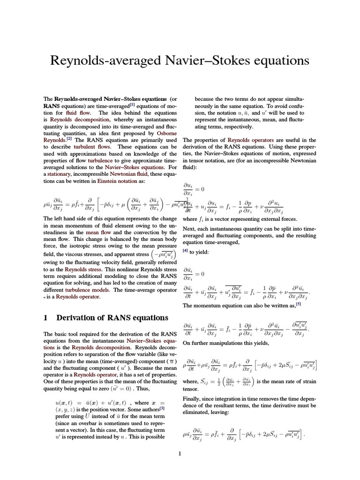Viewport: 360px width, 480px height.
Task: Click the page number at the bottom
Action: pyautogui.click(x=180, y=453)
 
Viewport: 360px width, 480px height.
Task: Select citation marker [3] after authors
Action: pyautogui.click(x=161, y=408)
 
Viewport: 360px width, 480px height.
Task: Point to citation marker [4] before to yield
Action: pyautogui.click(x=185, y=251)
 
